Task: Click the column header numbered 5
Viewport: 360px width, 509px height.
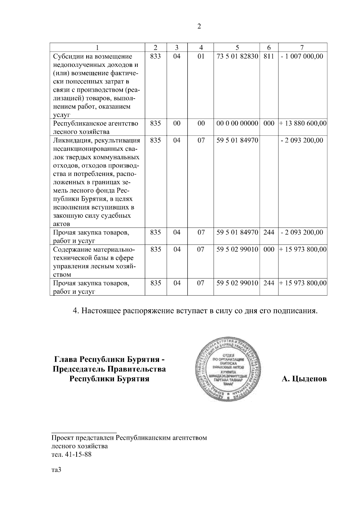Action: pos(237,47)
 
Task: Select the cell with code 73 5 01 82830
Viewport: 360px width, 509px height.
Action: pos(237,56)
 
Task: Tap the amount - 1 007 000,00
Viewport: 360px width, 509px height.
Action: pos(302,56)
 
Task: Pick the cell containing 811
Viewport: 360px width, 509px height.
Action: pos(268,56)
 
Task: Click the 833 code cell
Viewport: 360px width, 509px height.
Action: pos(155,56)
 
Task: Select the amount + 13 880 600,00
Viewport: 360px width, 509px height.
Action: pos(303,123)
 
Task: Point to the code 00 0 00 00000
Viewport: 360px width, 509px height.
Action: pos(237,123)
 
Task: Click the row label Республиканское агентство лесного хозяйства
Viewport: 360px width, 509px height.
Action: pos(95,127)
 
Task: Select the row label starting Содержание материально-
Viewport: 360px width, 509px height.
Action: pos(94,249)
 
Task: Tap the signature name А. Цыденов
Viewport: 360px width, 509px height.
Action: pos(304,379)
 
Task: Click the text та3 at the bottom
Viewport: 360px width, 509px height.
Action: pos(56,470)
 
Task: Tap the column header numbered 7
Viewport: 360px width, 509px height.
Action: pos(302,47)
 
